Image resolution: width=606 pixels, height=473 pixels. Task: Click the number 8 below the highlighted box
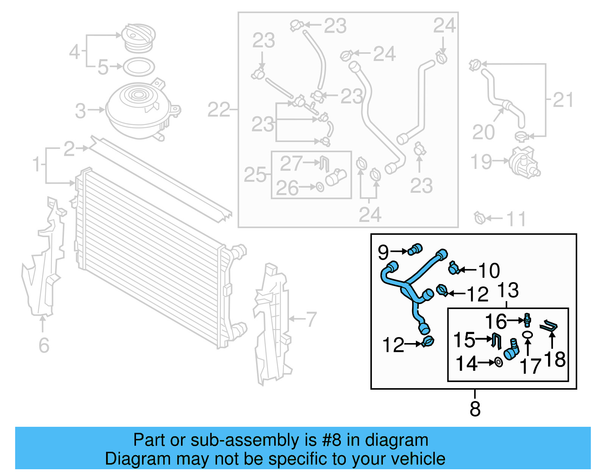(475, 409)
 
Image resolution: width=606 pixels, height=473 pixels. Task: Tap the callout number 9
(383, 252)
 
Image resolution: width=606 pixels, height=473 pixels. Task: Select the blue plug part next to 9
(415, 249)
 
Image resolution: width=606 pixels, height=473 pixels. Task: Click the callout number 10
(489, 271)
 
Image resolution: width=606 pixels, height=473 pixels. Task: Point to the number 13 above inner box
(508, 290)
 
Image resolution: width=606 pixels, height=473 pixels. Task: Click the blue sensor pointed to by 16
(527, 320)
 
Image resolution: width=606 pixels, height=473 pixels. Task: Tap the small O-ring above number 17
(527, 335)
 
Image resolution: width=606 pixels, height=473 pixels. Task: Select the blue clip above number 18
(549, 325)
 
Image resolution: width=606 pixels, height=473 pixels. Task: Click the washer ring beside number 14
(499, 362)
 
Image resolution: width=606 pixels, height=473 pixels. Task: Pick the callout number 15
(464, 340)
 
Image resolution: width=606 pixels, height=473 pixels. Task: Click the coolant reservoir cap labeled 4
(139, 38)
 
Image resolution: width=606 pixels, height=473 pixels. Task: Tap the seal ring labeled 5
(139, 67)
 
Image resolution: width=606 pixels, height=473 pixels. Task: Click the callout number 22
(219, 110)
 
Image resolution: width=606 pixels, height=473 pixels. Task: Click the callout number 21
(563, 100)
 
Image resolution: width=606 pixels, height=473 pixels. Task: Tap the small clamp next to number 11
(479, 218)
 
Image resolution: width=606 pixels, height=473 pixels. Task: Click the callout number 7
(311, 319)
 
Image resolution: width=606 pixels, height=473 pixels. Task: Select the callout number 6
(44, 345)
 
